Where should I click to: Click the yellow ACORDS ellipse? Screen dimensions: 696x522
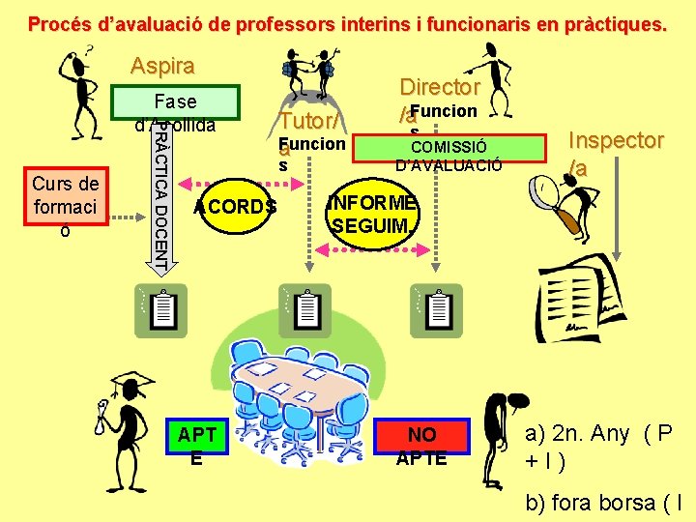[234, 206]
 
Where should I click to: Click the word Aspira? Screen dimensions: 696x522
[162, 67]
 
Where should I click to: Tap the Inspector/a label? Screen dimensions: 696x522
[616, 153]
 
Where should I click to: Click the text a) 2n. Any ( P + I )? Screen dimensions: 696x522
[599, 446]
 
